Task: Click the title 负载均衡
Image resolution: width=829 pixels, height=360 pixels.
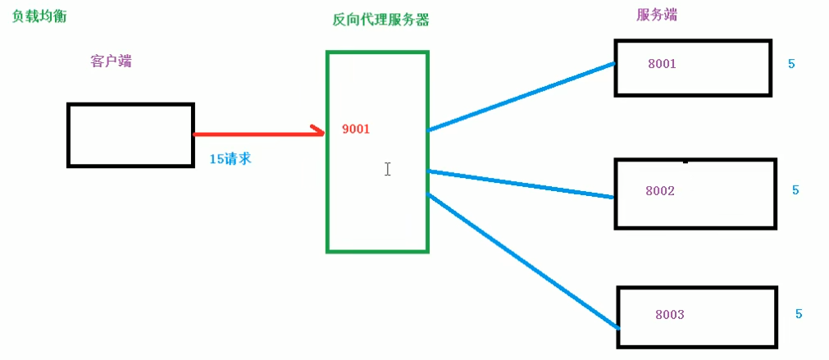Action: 38,16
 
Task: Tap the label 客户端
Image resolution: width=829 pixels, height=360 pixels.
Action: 112,62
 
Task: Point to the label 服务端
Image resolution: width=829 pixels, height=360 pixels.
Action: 657,15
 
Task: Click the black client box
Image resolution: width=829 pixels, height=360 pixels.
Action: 130,135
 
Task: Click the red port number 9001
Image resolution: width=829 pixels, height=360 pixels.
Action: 356,129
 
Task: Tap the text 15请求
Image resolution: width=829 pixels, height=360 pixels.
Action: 230,158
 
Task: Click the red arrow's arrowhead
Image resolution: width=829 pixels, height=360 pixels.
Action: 317,132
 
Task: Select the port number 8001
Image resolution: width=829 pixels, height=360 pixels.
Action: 662,64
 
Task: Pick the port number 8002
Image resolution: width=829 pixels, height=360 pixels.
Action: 659,191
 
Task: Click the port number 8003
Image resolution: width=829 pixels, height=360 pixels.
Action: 669,315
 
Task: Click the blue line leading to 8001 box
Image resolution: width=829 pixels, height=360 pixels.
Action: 521,96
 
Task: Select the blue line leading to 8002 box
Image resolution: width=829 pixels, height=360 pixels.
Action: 521,184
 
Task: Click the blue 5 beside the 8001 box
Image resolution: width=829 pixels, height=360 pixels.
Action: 791,64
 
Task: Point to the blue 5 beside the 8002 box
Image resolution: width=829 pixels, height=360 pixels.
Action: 795,190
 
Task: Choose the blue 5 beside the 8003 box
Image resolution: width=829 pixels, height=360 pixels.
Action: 798,314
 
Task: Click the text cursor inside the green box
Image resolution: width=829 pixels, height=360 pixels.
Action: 387,169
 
